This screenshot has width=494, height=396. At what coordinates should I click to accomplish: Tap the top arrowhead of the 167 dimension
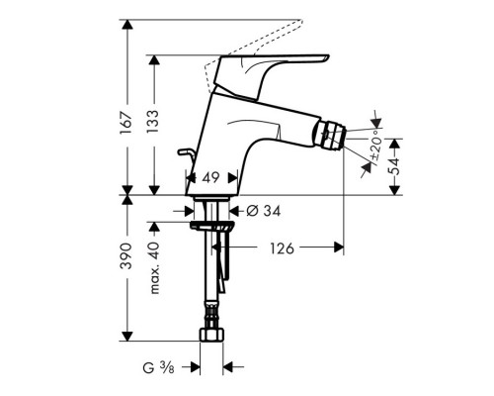128,22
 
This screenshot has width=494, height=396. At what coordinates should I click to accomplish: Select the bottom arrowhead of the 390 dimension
128,339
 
